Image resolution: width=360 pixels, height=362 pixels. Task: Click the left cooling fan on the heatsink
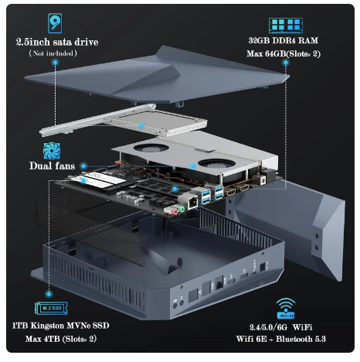tap(151, 150)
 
